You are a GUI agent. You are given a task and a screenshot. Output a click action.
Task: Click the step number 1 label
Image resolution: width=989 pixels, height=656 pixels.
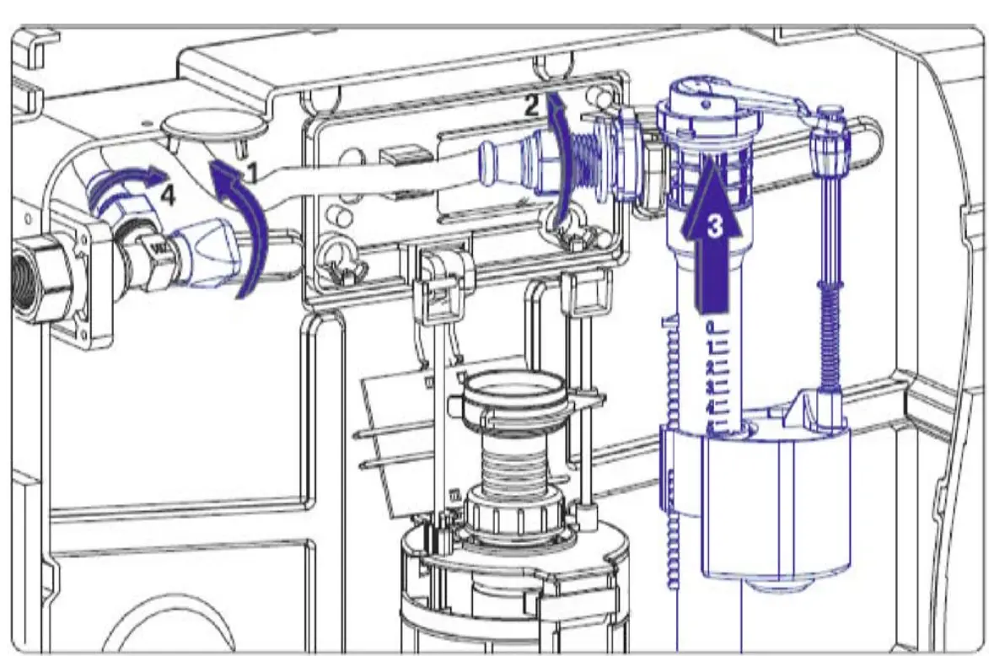click(252, 172)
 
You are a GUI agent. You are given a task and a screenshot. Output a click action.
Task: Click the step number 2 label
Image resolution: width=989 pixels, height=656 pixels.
click(531, 105)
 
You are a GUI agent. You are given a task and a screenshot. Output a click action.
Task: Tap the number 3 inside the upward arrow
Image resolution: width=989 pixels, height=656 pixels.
click(714, 224)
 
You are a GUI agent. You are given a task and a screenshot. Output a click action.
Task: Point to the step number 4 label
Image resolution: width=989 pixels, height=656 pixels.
click(167, 196)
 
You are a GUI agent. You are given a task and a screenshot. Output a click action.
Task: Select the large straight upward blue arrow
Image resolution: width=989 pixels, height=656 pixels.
click(712, 234)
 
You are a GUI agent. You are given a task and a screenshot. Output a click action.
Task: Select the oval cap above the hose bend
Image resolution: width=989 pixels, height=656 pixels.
click(214, 124)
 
